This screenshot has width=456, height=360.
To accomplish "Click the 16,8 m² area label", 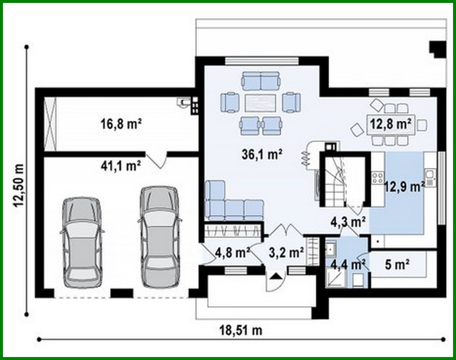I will [121, 124].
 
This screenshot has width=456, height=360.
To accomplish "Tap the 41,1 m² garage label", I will [121, 166].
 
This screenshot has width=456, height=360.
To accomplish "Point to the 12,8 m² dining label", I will [391, 125].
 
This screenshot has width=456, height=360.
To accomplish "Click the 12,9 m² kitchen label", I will [404, 187].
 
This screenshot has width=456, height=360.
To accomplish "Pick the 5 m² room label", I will [397, 264].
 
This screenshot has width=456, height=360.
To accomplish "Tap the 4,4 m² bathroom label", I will [348, 264].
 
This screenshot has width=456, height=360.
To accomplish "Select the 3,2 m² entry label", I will [286, 252].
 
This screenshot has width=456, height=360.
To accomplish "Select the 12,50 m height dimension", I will [19, 185].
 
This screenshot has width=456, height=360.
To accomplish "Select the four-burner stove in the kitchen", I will [378, 178].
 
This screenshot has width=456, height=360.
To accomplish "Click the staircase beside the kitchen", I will [336, 182].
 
